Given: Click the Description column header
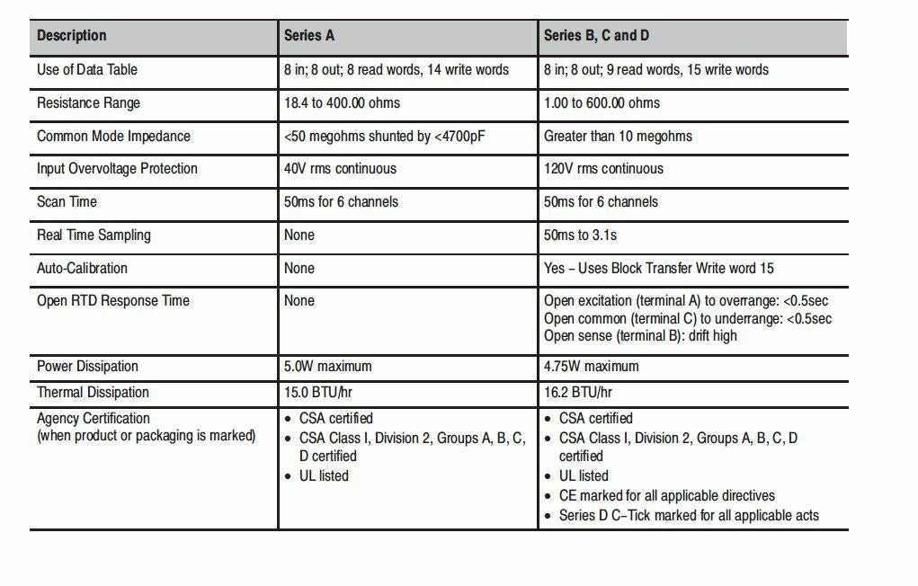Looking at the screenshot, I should click(x=72, y=36).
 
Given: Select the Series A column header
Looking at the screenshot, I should click(x=309, y=36).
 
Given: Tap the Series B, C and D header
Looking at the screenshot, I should click(x=596, y=36).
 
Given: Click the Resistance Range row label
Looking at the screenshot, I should click(x=88, y=102).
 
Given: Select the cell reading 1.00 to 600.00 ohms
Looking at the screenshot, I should click(x=602, y=102).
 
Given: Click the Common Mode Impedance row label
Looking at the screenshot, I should click(x=113, y=136).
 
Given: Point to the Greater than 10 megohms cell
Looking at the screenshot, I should click(x=618, y=136).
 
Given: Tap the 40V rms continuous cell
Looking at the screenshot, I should click(x=340, y=168).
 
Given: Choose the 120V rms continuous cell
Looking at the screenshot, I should click(x=603, y=168).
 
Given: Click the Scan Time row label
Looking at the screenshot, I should click(x=67, y=201).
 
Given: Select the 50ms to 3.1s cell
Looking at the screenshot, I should click(x=580, y=235).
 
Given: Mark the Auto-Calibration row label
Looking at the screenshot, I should click(x=82, y=268).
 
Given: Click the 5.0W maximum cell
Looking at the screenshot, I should click(x=327, y=366).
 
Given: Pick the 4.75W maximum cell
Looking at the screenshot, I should click(x=591, y=366).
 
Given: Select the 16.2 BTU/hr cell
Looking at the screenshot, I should click(x=577, y=392).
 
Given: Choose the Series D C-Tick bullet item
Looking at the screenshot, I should click(x=689, y=515).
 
